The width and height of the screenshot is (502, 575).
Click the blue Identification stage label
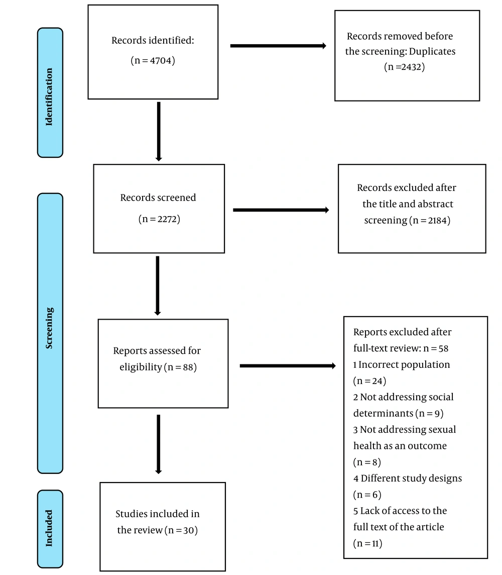click(50, 93)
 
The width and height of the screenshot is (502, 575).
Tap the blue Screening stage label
click(50, 333)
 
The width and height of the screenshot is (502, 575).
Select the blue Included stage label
click(50, 529)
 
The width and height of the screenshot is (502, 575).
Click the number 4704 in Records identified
click(161, 60)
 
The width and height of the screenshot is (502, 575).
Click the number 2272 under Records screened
click(169, 219)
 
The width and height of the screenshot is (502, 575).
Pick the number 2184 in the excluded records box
click(438, 220)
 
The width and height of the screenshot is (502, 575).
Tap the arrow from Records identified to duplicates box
click(278, 46)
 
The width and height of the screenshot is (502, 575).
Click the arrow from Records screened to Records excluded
click(281, 210)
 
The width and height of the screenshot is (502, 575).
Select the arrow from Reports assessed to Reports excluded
click(288, 365)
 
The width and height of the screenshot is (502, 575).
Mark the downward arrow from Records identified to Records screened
click(159, 132)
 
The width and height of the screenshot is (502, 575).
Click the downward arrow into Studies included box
click(159, 444)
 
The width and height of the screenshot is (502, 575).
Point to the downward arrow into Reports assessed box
click(158, 285)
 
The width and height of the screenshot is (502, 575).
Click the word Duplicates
click(432, 51)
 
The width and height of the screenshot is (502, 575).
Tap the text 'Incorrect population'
click(404, 364)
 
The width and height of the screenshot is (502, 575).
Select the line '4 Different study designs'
click(408, 478)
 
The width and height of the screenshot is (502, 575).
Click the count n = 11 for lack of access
click(367, 543)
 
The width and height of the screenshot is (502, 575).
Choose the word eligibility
click(141, 367)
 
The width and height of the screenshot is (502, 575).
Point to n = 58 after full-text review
click(436, 348)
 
